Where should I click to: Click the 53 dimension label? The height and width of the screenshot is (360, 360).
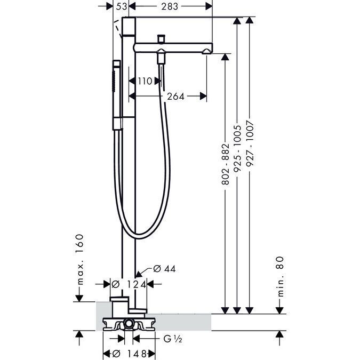[122, 6]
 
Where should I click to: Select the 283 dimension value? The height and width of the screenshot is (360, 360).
[171, 6]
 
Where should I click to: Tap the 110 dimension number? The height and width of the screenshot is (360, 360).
[145, 81]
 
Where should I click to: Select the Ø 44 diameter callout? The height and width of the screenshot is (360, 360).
[164, 269]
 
